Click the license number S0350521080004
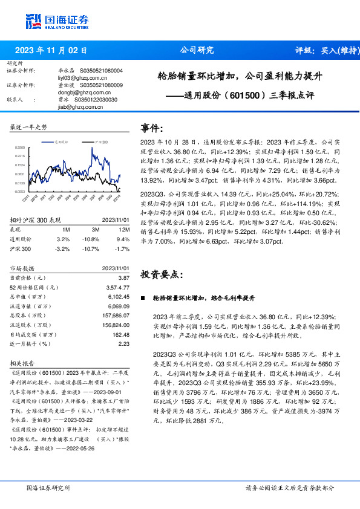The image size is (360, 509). (x=100, y=71)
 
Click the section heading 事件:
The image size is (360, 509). (x=151, y=128)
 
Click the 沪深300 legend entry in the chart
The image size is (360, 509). (x=100, y=141)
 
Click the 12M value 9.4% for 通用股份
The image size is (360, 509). (x=123, y=239)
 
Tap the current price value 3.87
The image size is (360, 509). (x=123, y=276)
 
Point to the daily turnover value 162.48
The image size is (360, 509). (x=121, y=334)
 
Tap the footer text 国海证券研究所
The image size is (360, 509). (x=48, y=487)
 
